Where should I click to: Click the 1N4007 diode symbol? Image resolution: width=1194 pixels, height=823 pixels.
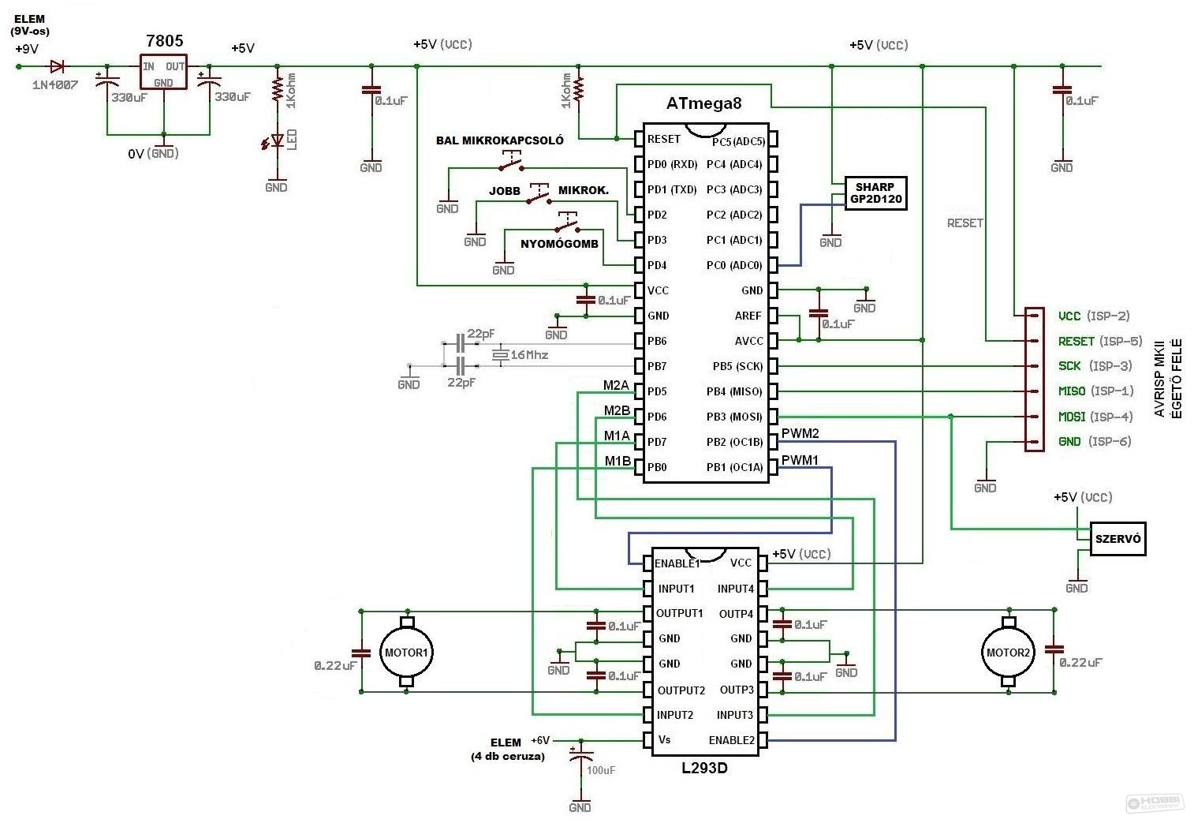point(57,66)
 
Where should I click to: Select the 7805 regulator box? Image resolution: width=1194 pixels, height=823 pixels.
point(163,72)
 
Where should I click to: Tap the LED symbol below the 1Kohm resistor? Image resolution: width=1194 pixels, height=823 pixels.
point(275,141)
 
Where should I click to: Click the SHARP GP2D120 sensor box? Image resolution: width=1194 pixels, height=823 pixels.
point(875,193)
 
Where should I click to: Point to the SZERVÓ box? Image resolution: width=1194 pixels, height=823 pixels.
point(1118,539)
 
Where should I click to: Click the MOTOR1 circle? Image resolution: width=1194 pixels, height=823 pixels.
point(406,653)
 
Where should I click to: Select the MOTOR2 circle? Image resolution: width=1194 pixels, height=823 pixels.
point(1008,653)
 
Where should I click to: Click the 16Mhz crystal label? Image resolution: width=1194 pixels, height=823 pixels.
point(529,355)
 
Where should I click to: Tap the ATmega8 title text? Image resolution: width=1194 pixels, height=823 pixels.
point(703,103)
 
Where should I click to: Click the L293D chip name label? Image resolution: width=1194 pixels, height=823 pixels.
point(705,768)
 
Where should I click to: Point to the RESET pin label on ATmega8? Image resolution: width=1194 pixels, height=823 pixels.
point(663,139)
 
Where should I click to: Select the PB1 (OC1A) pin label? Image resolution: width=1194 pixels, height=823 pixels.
point(734,467)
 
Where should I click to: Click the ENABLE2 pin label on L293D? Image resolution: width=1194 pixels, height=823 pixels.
point(731,740)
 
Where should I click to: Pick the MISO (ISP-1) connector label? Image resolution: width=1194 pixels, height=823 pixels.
point(1096,391)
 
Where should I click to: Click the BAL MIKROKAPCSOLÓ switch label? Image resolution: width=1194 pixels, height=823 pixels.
point(499,140)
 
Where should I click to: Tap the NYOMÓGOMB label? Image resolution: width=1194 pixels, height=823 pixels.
point(559,244)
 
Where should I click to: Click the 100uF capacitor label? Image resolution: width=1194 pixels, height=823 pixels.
point(601,770)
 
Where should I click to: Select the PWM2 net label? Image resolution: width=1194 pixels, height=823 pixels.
point(800,433)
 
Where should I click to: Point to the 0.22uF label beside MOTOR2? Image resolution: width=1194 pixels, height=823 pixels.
point(1080,663)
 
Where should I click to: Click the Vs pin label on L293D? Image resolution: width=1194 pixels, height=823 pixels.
point(664,740)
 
